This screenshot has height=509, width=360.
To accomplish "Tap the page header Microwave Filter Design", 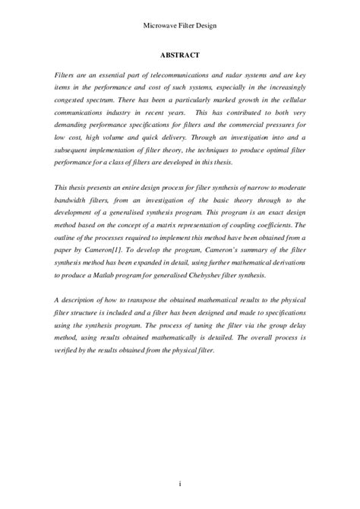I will (x=179, y=25).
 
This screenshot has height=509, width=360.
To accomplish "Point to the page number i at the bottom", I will (x=180, y=483).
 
